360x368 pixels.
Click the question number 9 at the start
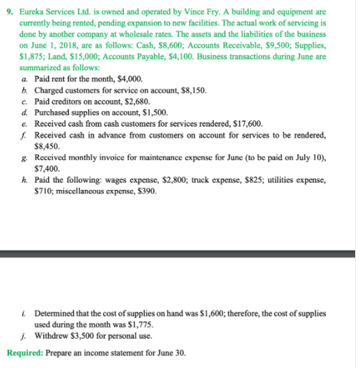tap(8, 12)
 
